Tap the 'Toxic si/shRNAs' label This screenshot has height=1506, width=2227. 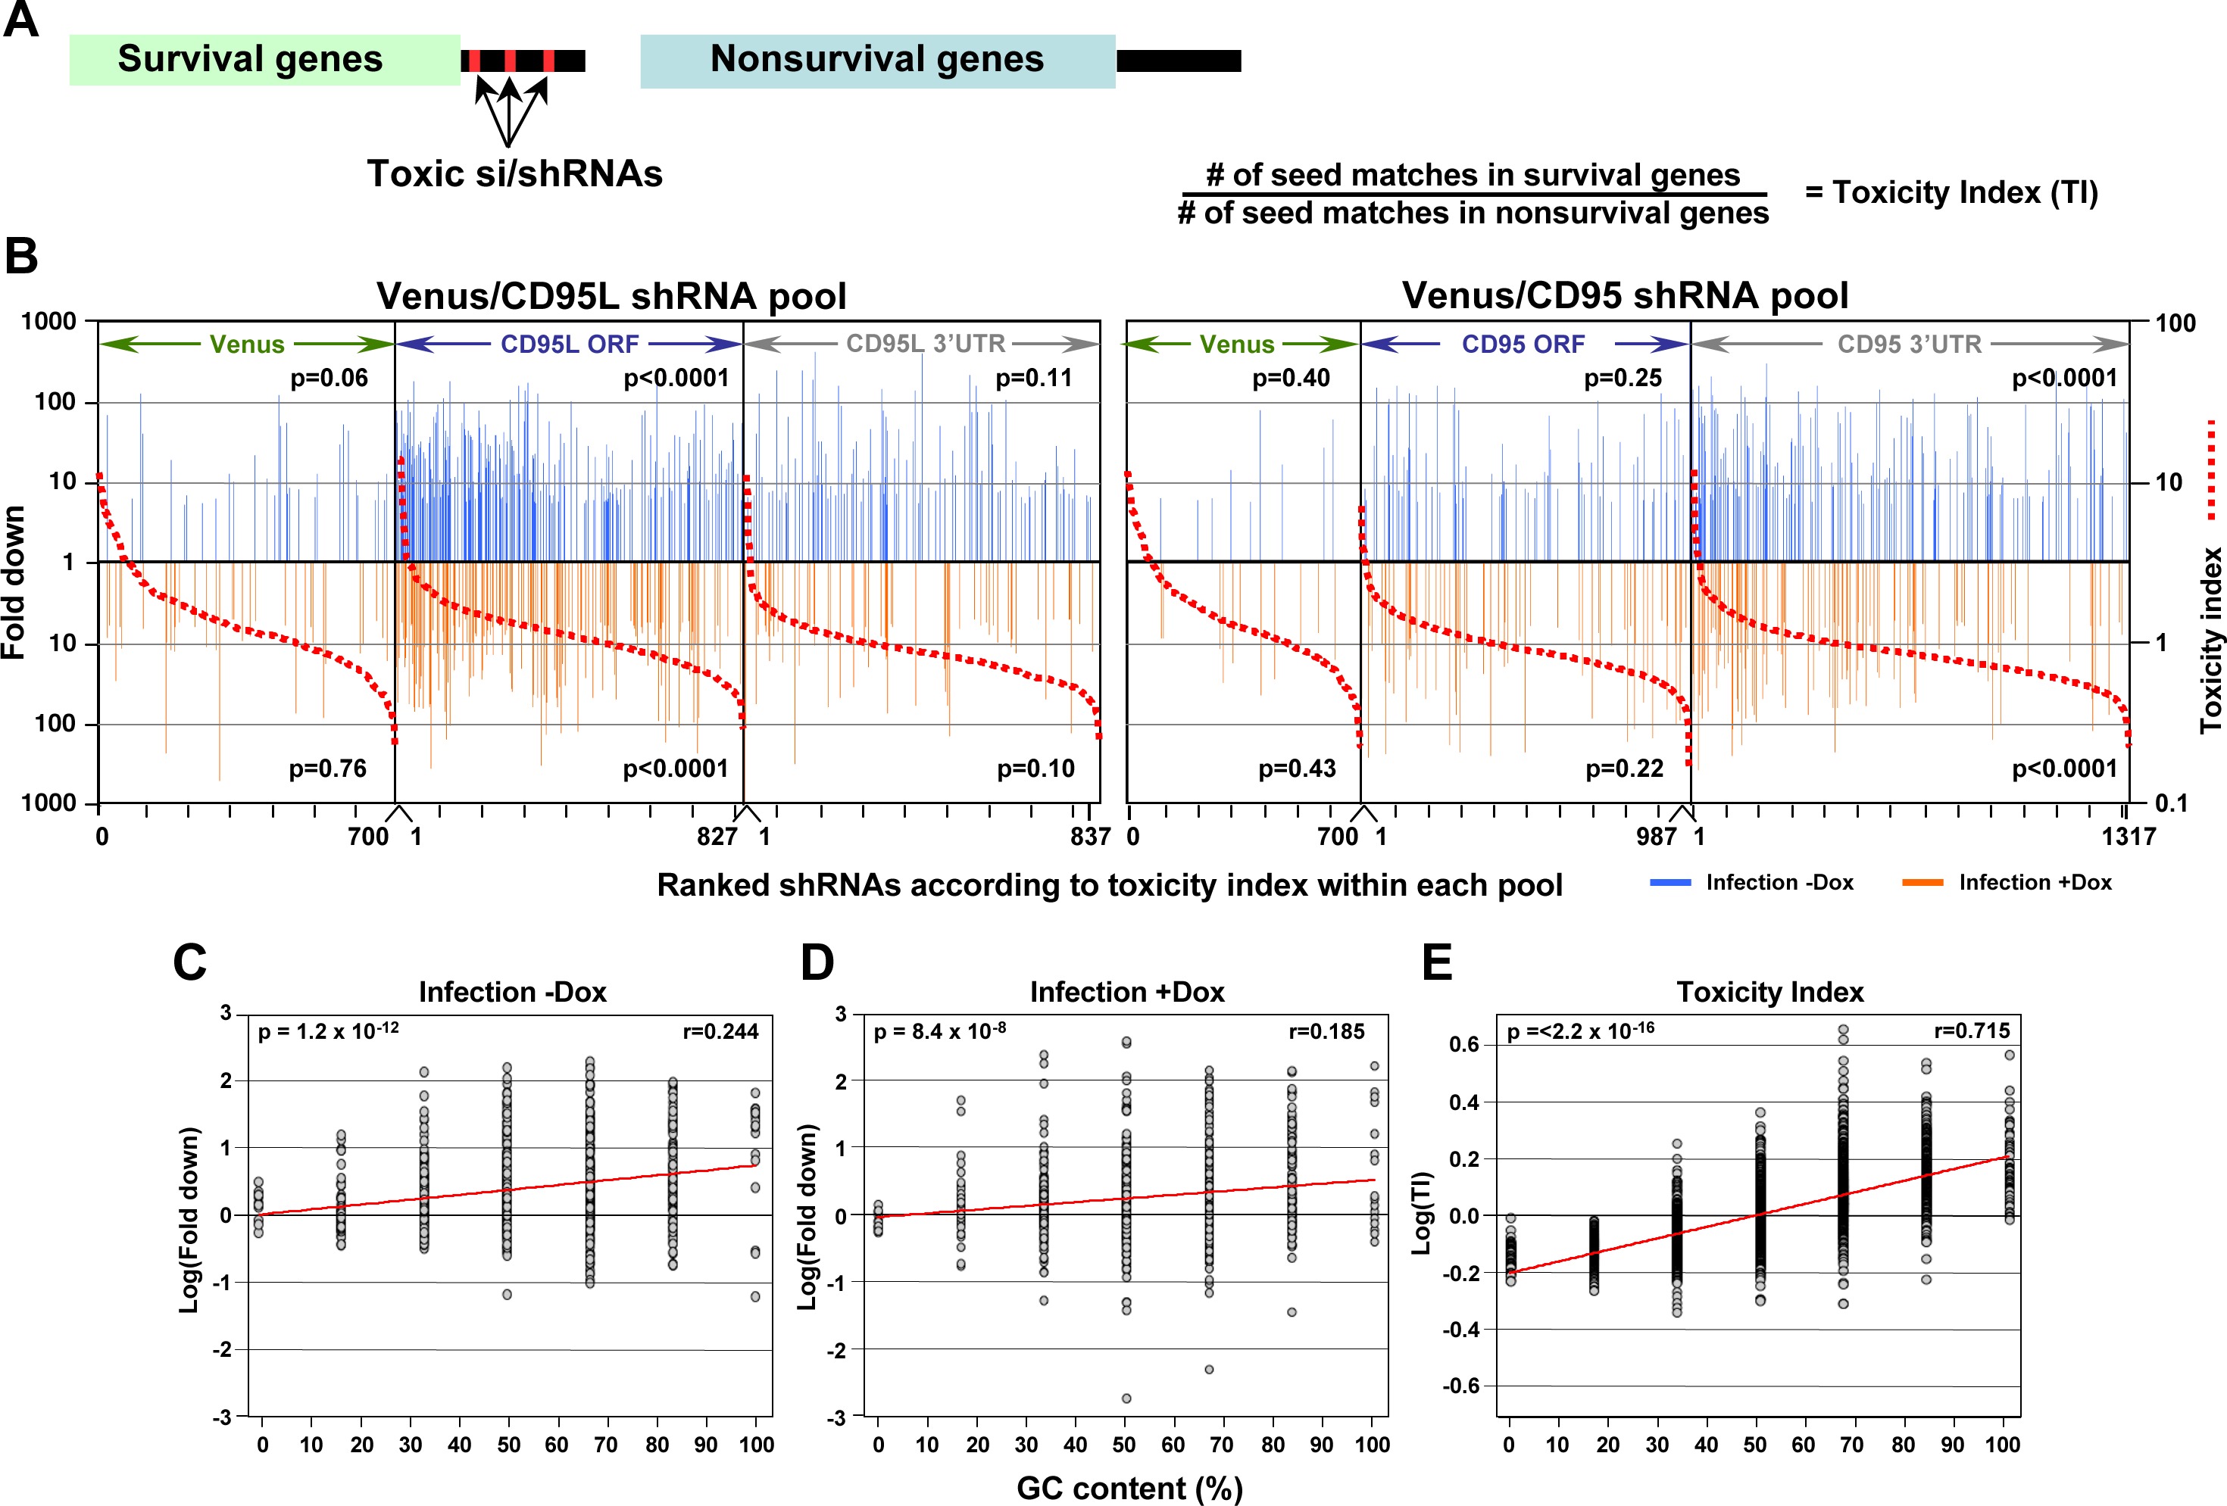(514, 173)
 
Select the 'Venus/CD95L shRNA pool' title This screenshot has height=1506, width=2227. (611, 295)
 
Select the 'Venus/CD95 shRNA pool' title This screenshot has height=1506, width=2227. (1626, 295)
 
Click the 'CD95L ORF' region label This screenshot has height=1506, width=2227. (569, 344)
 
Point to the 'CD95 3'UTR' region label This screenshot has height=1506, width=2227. (1909, 344)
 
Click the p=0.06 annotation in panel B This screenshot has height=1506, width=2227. (329, 379)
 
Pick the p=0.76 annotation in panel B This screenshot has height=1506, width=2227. (328, 769)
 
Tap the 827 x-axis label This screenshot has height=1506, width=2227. (717, 837)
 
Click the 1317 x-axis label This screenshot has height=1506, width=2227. (2127, 837)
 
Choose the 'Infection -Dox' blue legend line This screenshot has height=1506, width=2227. (1669, 882)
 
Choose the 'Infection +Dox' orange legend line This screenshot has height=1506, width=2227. (1922, 882)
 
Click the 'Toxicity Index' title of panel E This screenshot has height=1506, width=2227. (1770, 993)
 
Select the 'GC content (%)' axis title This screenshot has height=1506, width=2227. (1129, 1488)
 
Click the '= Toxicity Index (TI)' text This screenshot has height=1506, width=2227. (1951, 192)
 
